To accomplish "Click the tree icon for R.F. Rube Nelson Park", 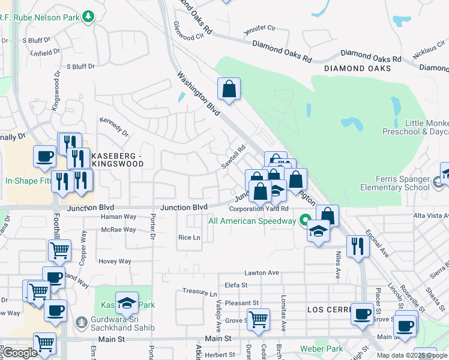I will [89, 16].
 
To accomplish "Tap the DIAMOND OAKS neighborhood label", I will [357, 68].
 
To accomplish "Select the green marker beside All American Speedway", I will [305, 220].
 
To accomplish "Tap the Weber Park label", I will [322, 349].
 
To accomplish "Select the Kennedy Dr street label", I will [114, 127].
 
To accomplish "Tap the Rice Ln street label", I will [188, 238].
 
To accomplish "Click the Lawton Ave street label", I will [262, 272].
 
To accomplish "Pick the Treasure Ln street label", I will [199, 293].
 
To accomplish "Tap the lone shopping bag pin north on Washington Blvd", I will [229, 89].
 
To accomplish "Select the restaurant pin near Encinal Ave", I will [358, 246].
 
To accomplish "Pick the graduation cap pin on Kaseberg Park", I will [127, 303].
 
